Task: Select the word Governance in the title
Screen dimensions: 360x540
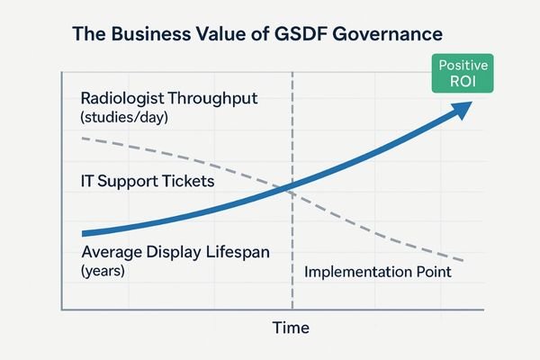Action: click(395, 35)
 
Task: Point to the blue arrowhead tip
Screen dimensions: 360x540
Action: click(475, 103)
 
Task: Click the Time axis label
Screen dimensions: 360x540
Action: click(291, 328)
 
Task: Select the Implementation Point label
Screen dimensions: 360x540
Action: click(376, 271)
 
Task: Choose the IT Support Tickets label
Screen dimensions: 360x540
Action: click(147, 181)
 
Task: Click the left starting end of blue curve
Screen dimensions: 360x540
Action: click(82, 232)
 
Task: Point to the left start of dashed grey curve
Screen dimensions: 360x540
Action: click(82, 138)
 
